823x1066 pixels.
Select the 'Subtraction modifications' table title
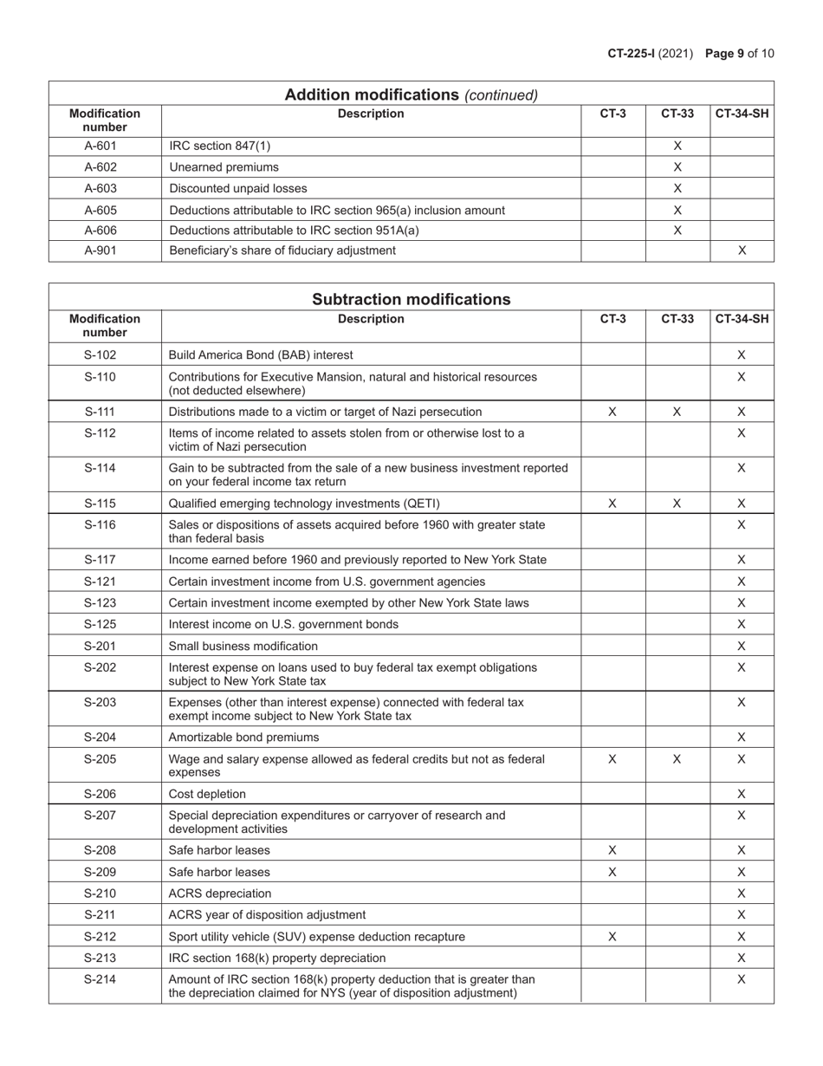coord(411,300)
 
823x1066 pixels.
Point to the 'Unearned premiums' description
coord(224,167)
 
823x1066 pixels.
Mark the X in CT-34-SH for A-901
coord(742,250)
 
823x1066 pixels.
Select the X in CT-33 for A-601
coord(677,146)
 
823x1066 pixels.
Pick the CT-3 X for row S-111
coord(612,412)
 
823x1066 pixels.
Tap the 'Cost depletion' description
coord(208,794)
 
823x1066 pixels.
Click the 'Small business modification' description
coord(243,646)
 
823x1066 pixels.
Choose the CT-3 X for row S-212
coord(612,937)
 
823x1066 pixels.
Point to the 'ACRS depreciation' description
coord(220,894)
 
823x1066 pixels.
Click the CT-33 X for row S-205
coord(677,759)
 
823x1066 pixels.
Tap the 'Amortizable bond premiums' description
coord(244,738)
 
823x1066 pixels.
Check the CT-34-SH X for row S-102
coord(742,354)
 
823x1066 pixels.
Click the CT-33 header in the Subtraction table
coord(677,319)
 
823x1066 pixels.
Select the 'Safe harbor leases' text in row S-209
coord(219,872)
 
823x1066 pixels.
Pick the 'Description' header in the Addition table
coord(371,114)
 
